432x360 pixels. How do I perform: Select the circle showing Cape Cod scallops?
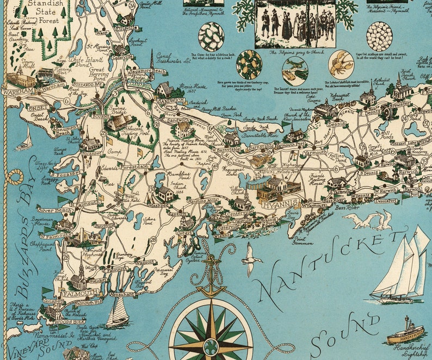(379, 36)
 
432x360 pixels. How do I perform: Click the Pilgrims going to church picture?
(295, 24)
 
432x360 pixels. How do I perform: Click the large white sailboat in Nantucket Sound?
(400, 270)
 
